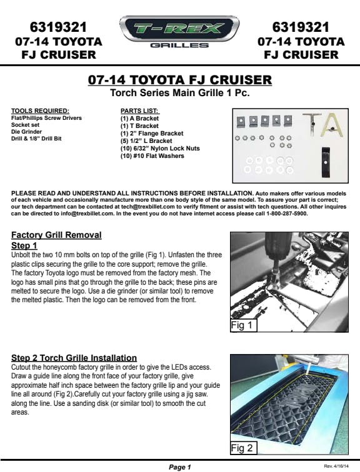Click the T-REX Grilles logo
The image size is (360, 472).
pyautogui.click(x=179, y=32)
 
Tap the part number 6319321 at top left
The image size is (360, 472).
pyautogui.click(x=59, y=27)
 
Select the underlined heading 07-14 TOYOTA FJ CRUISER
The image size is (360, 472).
pyautogui.click(x=180, y=80)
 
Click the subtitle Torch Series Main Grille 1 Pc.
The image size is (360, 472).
pyautogui.click(x=180, y=92)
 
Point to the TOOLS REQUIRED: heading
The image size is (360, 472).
pyautogui.click(x=40, y=111)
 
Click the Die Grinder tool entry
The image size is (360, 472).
pyautogui.click(x=26, y=132)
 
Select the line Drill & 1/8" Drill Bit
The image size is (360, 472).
pyautogui.click(x=36, y=139)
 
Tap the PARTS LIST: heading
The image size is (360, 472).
pyautogui.click(x=139, y=111)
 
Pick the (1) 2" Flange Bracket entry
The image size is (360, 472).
pyautogui.click(x=152, y=134)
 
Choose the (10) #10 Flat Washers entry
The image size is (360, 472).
pyautogui.click(x=152, y=156)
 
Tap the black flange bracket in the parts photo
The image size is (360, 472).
pyautogui.click(x=326, y=162)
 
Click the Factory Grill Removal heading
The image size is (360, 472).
pyautogui.click(x=56, y=235)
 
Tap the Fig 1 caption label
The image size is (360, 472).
pyautogui.click(x=243, y=325)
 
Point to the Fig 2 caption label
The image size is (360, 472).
pyautogui.click(x=243, y=448)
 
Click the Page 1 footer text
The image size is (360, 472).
pyautogui.click(x=180, y=467)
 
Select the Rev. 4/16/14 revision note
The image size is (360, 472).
pyautogui.click(x=336, y=466)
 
